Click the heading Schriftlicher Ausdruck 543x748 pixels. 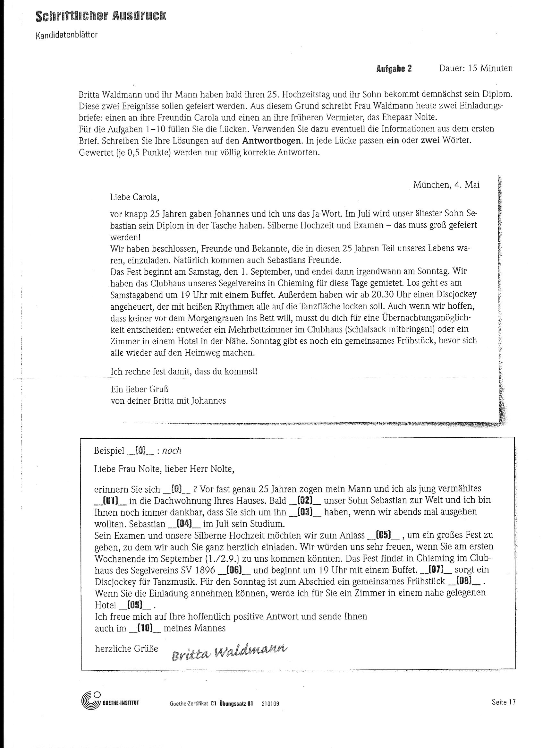101,16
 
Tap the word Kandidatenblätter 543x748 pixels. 66,35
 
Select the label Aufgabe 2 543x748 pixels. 394,69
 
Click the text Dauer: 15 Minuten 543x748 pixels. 476,68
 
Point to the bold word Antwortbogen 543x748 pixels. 271,141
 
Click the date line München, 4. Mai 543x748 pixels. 446,185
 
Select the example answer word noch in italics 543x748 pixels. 172,451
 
